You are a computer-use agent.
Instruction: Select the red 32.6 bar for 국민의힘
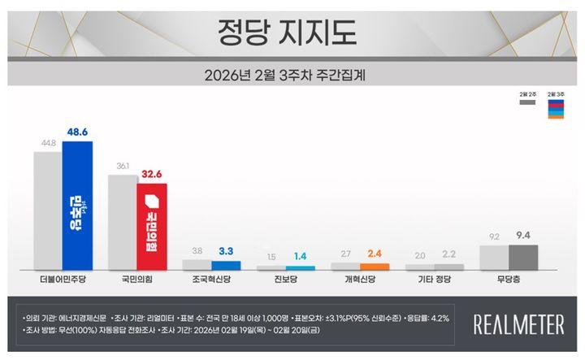pyautogui.click(x=152, y=226)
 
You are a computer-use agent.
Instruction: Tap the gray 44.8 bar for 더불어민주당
pyautogui.click(x=48, y=210)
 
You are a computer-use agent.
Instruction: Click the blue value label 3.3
pyautogui.click(x=226, y=251)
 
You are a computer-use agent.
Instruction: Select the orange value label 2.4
pyautogui.click(x=374, y=254)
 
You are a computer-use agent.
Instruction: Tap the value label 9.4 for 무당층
pyautogui.click(x=522, y=236)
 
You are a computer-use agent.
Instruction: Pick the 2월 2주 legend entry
pyautogui.click(x=526, y=100)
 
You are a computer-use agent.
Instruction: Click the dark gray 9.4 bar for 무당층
pyautogui.click(x=522, y=257)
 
